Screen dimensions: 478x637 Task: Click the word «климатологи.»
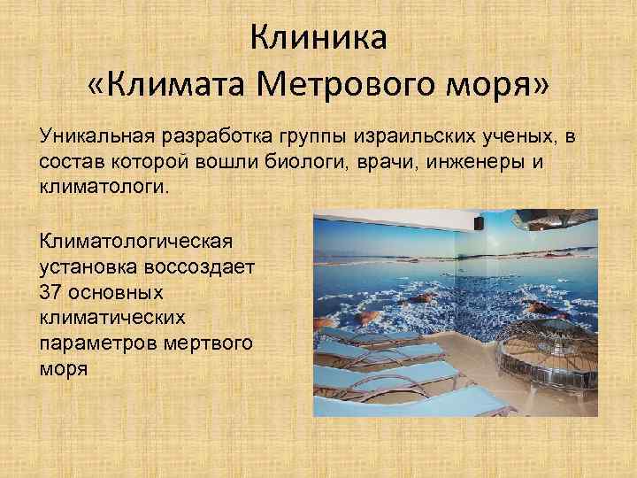click(x=102, y=188)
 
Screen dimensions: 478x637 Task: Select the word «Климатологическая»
click(x=134, y=240)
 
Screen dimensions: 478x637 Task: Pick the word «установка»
click(x=82, y=266)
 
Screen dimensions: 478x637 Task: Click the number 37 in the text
click(x=50, y=291)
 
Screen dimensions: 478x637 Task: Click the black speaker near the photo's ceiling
click(x=478, y=224)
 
